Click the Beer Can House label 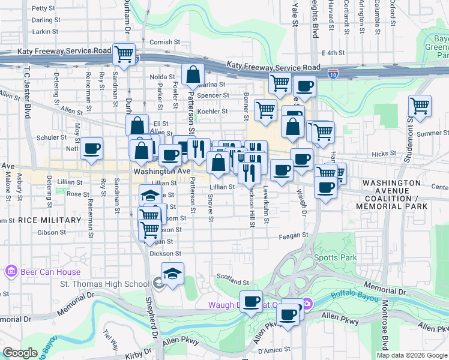click(50, 272)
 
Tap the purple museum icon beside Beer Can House click(11, 272)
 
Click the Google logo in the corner click(20, 353)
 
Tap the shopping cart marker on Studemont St click(420, 106)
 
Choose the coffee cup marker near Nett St click(91, 148)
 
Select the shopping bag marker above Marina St click(193, 75)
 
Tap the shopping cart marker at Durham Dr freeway click(124, 54)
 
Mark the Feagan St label click(294, 236)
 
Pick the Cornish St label click(165, 42)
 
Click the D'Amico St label click(274, 349)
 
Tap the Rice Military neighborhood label click(49, 220)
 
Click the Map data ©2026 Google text click(411, 355)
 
